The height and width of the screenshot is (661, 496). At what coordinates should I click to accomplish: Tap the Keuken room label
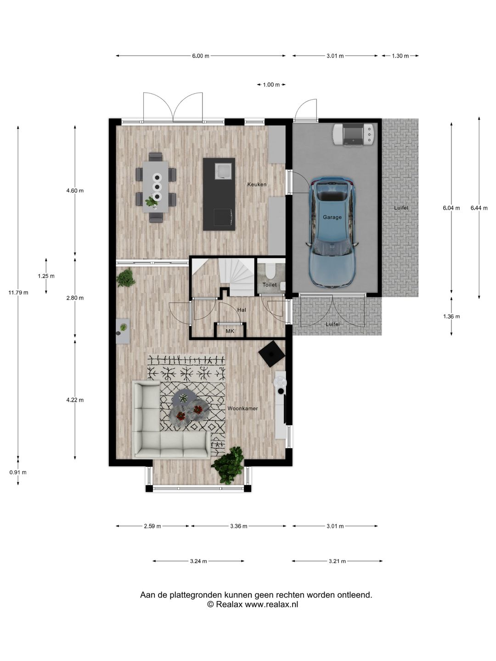pyautogui.click(x=257, y=185)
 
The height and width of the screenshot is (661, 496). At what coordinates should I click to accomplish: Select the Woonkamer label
pyautogui.click(x=242, y=409)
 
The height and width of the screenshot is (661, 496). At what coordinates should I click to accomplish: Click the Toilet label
pyautogui.click(x=270, y=285)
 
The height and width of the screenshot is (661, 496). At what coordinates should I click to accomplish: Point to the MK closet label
pyautogui.click(x=230, y=331)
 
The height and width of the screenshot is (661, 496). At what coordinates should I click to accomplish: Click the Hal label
pyautogui.click(x=242, y=310)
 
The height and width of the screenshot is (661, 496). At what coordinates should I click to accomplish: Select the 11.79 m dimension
pyautogui.click(x=18, y=292)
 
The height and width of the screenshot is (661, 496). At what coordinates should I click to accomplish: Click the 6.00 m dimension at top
pyautogui.click(x=200, y=56)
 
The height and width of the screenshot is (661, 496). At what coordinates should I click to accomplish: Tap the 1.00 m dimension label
pyautogui.click(x=271, y=85)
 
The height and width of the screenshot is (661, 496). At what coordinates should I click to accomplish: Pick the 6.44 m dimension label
pyautogui.click(x=479, y=208)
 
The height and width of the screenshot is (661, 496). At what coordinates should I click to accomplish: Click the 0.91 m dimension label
pyautogui.click(x=18, y=472)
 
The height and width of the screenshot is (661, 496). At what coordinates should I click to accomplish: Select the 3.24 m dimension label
pyautogui.click(x=198, y=561)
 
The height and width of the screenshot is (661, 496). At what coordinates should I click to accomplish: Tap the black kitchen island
pyautogui.click(x=219, y=194)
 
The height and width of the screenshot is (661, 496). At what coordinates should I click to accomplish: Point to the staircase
pyautogui.click(x=237, y=275)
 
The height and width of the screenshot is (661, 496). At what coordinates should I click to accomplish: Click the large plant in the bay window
pyautogui.click(x=228, y=464)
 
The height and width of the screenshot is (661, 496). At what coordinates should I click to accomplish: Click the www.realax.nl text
pyautogui.click(x=271, y=605)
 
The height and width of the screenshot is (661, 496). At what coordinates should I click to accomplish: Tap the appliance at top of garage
pyautogui.click(x=354, y=134)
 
